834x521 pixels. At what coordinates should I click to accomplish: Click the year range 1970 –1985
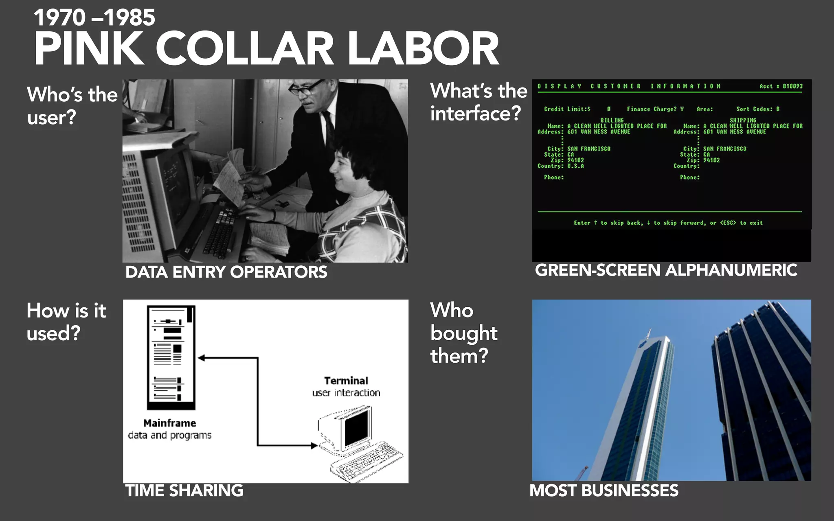click(94, 18)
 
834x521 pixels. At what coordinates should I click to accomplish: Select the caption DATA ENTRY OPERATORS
click(226, 272)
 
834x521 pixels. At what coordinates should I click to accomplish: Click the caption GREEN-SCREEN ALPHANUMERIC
click(666, 270)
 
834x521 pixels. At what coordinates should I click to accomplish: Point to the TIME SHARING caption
click(184, 490)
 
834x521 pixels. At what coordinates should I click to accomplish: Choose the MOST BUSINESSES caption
click(604, 490)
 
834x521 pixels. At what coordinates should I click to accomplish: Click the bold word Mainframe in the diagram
click(170, 423)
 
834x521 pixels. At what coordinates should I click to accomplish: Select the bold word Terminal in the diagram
click(346, 381)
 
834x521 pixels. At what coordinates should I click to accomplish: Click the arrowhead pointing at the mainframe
click(201, 358)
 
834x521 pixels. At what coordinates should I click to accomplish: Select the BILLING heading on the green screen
click(612, 120)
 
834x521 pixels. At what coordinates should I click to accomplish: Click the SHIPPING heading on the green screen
click(743, 120)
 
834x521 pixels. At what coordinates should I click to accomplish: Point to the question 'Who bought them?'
click(463, 333)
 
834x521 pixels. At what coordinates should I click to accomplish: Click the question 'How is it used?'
click(66, 322)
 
